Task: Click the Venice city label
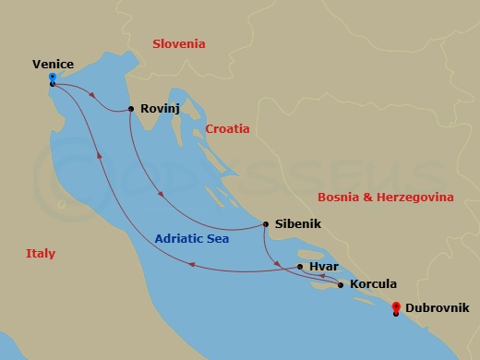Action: (52, 64)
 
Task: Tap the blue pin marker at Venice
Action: (53, 78)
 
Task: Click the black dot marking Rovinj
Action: (131, 109)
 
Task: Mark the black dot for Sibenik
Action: (266, 224)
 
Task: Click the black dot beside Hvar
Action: (299, 267)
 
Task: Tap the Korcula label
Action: (374, 284)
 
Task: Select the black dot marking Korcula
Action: (342, 285)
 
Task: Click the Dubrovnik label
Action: (437, 307)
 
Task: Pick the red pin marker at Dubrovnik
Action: (396, 307)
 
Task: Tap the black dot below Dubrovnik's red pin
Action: (396, 315)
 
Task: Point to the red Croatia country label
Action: (228, 129)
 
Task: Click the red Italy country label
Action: (40, 254)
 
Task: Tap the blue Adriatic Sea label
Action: (192, 238)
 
